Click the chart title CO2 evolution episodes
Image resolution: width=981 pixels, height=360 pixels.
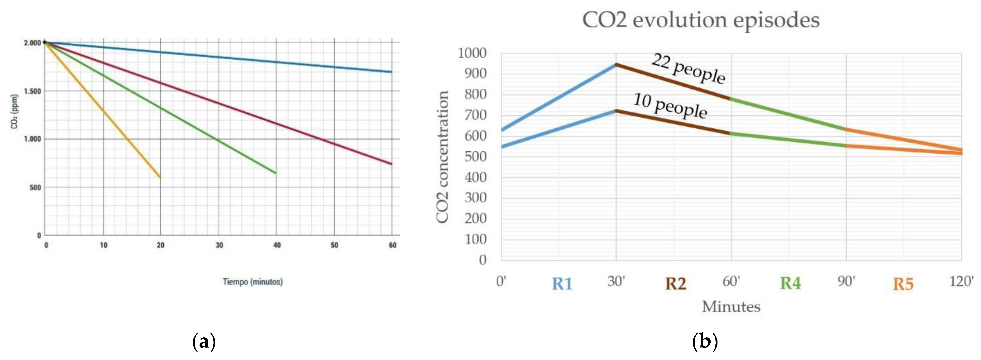click(x=701, y=20)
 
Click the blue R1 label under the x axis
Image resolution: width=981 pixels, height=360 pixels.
click(x=562, y=284)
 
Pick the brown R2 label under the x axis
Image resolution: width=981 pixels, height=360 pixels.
click(x=676, y=284)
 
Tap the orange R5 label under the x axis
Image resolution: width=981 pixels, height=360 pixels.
click(x=903, y=284)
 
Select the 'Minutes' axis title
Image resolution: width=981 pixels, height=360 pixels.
click(x=731, y=307)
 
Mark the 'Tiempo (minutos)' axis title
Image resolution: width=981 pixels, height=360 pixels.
click(x=252, y=282)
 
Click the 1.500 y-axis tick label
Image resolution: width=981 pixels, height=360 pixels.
click(x=32, y=91)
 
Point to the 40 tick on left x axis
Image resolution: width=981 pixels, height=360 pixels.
click(x=277, y=245)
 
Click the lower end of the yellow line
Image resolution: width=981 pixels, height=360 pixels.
click(x=160, y=177)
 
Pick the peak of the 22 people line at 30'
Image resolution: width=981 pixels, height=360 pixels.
click(x=616, y=64)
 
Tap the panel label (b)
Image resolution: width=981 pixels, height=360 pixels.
click(x=705, y=342)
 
